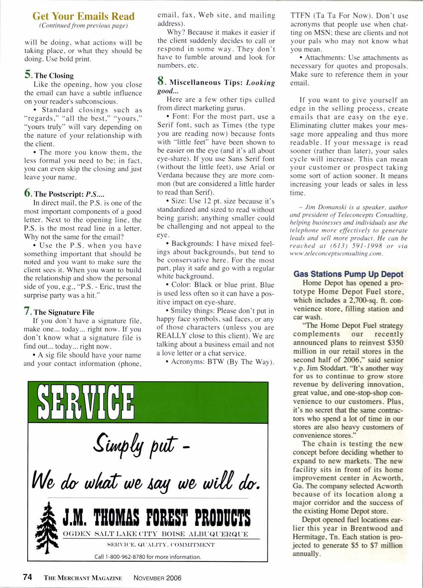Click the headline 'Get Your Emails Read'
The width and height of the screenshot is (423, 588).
pos(83,17)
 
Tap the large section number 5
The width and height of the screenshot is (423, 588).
pos(29,75)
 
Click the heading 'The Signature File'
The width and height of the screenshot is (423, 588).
pos(64,312)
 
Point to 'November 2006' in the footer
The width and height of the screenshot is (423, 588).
pos(158,578)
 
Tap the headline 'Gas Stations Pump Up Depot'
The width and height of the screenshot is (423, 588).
pos(348,274)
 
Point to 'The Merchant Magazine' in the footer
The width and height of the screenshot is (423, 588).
pos(83,578)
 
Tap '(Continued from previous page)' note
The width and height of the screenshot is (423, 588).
pos(83,26)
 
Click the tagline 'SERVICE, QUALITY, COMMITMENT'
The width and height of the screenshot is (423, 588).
pos(160,545)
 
